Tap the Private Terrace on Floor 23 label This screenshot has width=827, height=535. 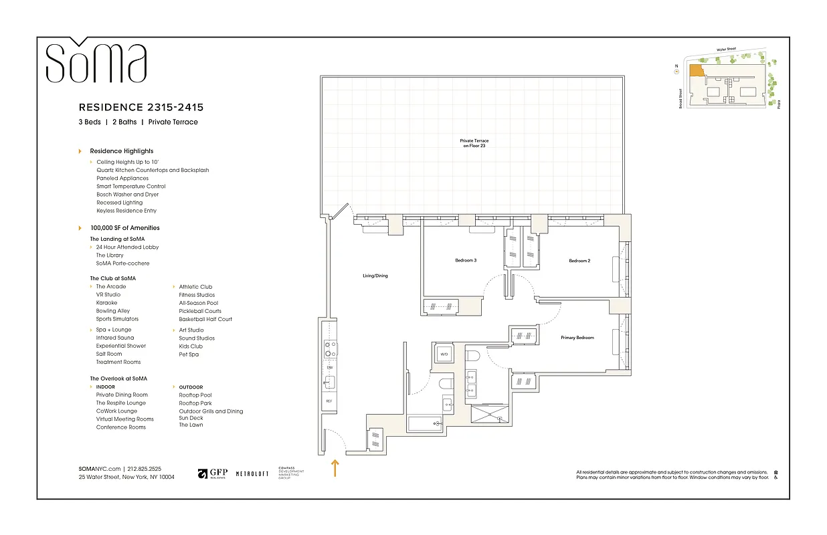point(474,143)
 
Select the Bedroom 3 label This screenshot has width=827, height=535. point(466,260)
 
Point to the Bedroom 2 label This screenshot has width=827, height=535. point(579,261)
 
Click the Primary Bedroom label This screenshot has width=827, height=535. point(577,338)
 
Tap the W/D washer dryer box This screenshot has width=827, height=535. point(444,354)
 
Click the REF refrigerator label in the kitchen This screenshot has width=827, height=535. point(329,401)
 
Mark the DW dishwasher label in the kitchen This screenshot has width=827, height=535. point(329,368)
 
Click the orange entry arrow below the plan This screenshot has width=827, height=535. point(335,467)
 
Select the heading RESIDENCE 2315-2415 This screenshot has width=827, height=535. point(141,107)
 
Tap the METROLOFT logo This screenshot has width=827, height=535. point(252,473)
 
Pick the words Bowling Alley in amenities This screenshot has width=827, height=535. point(113,311)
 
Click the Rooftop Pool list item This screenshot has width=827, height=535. point(195,395)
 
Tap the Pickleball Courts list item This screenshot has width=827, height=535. point(200,311)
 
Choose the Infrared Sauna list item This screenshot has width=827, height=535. point(115,338)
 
